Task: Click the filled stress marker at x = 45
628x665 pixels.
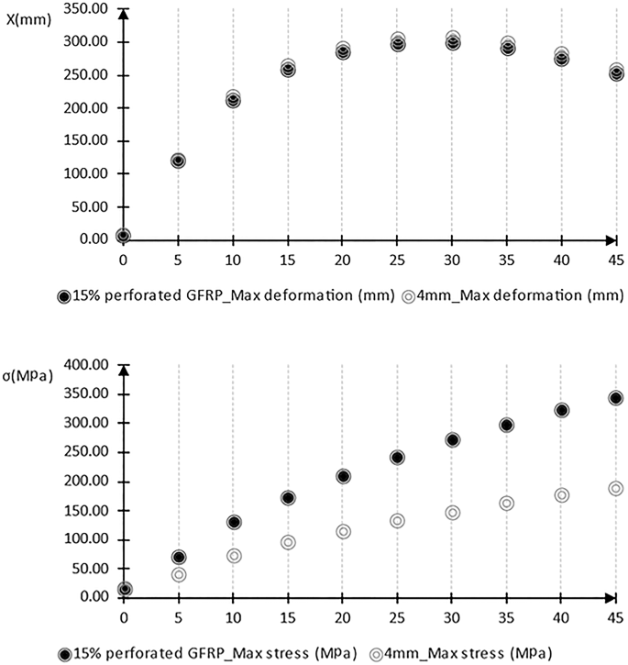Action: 615,398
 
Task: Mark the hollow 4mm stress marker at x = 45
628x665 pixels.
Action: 615,489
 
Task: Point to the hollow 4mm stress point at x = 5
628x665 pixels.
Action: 179,574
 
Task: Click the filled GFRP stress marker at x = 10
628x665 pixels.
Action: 234,522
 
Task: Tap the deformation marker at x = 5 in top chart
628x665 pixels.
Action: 178,161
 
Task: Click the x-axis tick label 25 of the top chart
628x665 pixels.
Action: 397,260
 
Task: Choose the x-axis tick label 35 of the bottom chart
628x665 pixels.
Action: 506,617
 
